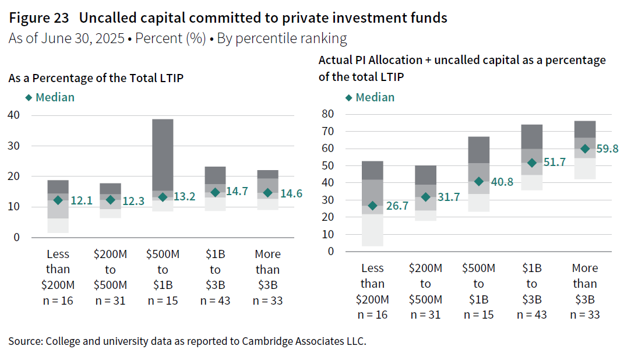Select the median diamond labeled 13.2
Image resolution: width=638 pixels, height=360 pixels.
click(x=163, y=197)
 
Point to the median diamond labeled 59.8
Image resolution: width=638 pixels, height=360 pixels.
click(x=585, y=149)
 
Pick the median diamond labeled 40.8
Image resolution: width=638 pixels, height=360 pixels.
click(x=479, y=181)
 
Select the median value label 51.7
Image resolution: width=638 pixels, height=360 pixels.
click(x=554, y=163)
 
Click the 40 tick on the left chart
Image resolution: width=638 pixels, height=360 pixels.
click(x=13, y=115)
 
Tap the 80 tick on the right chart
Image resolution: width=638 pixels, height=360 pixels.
click(x=330, y=114)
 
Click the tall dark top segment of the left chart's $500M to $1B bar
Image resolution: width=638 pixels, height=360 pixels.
click(x=163, y=154)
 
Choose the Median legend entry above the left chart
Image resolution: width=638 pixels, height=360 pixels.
click(x=50, y=97)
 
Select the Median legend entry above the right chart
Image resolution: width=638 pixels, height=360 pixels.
click(x=370, y=97)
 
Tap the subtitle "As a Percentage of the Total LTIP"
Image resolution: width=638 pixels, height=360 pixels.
click(x=96, y=78)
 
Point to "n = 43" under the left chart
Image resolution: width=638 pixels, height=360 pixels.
click(x=216, y=301)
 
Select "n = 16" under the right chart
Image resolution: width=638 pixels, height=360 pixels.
click(x=373, y=315)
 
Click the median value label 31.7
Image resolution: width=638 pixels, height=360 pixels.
click(x=448, y=197)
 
